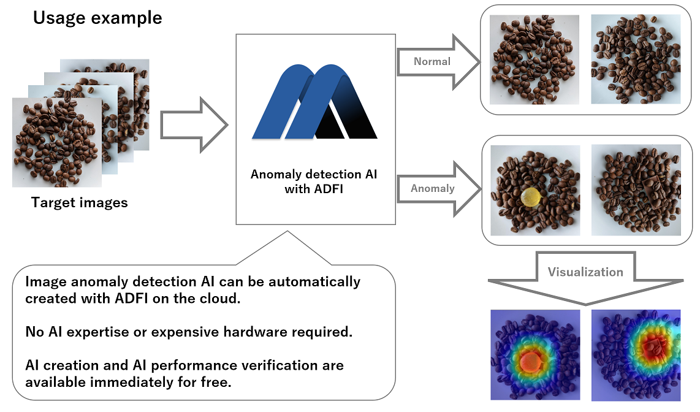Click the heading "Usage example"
pyautogui.click(x=97, y=18)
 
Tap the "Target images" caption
pyautogui.click(x=80, y=202)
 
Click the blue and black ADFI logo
pyautogui.click(x=314, y=101)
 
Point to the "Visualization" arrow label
pyautogui.click(x=585, y=272)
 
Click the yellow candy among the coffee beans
pyautogui.click(x=531, y=197)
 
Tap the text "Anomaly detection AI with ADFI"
pyautogui.click(x=314, y=181)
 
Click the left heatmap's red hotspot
pyautogui.click(x=528, y=362)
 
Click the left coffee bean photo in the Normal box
pyautogui.click(x=535, y=59)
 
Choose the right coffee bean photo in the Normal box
pyautogui.click(x=636, y=59)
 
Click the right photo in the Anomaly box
pyautogui.click(x=636, y=190)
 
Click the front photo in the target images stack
pyautogui.click(x=57, y=142)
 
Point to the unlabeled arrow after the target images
pyautogui.click(x=193, y=124)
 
